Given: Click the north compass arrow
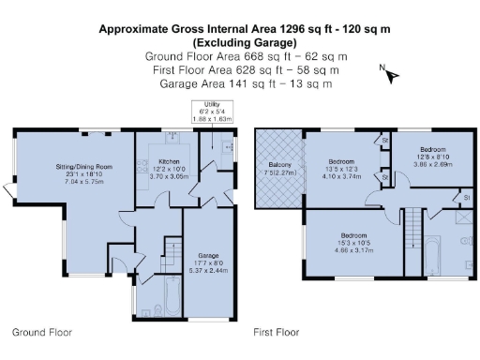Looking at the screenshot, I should tap(391, 74).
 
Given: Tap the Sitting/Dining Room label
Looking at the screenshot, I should tap(84, 167).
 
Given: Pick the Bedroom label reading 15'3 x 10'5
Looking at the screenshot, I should tap(353, 234).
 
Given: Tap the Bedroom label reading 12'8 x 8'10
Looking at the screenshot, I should tap(432, 150).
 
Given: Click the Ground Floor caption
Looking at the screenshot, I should tap(41, 332).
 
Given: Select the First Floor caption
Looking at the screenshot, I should tap(276, 332).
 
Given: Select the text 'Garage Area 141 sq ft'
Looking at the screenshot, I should tap(217, 83).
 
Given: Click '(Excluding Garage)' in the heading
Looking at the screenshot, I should tap(246, 43).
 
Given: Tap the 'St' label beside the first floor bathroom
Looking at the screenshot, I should tap(466, 198).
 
